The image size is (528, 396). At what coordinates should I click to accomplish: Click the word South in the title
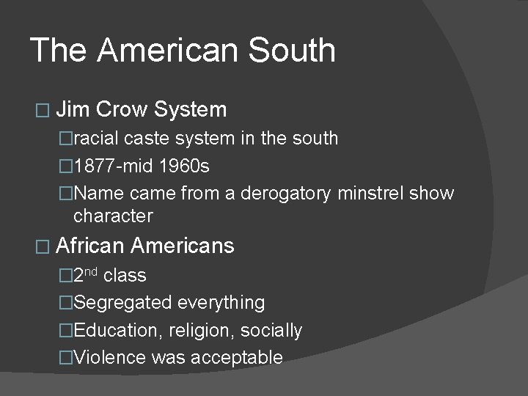point(292,51)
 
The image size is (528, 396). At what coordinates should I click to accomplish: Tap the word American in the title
point(167,51)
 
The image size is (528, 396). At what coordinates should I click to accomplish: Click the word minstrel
point(373,194)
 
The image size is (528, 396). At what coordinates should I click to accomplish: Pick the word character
point(113,216)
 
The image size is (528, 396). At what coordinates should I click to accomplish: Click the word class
point(125,276)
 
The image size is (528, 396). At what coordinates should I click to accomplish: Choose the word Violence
point(110,358)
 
